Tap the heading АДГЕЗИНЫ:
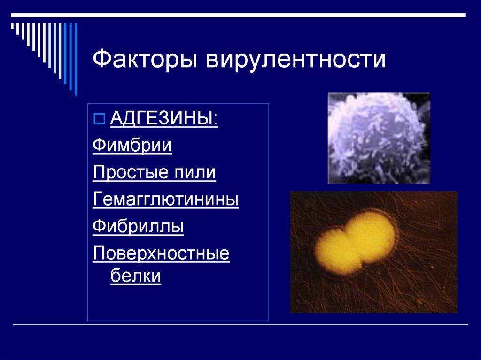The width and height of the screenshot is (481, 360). (x=164, y=118)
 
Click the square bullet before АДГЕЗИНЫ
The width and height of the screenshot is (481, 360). (x=99, y=119)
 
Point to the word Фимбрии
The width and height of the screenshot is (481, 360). (x=132, y=145)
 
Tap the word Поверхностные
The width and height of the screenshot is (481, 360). (x=161, y=254)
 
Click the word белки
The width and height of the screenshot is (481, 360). (x=136, y=276)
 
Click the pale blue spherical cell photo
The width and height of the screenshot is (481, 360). (x=379, y=138)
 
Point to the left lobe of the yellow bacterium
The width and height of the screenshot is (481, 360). (x=335, y=253)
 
